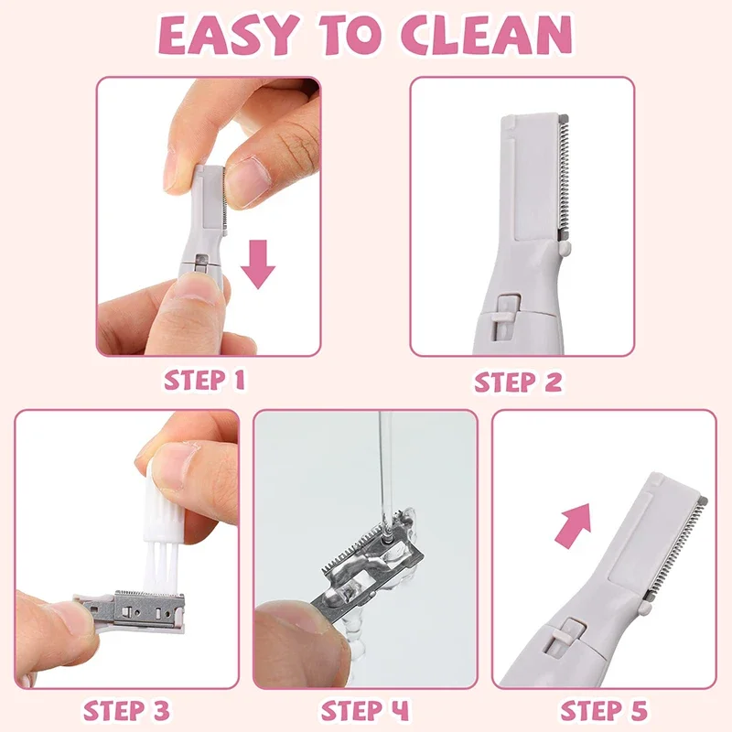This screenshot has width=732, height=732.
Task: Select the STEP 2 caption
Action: [x=518, y=381]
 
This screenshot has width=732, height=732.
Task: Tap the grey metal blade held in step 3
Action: [x=137, y=608]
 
